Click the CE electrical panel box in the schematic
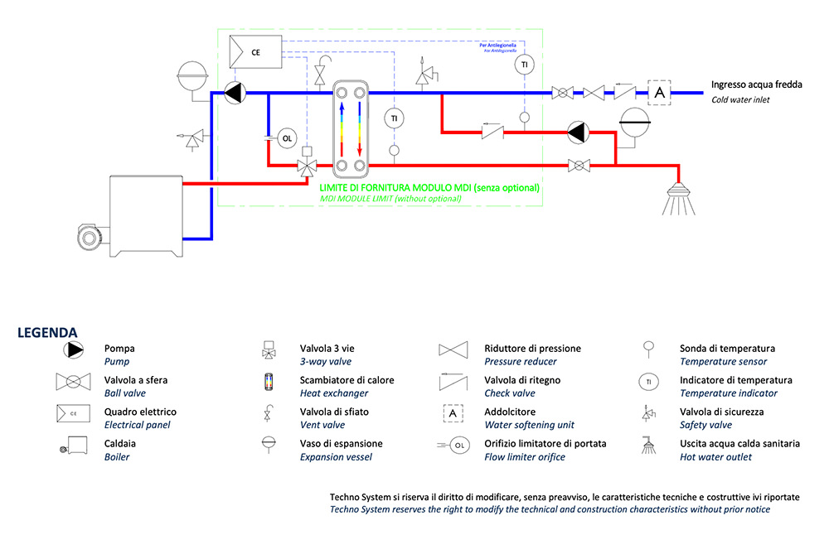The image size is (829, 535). coord(257,52)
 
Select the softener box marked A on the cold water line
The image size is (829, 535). coord(660,92)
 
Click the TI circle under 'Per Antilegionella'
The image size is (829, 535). coord(524,65)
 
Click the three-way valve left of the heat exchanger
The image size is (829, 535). coord(307,166)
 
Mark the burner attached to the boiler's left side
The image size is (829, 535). coord(90,237)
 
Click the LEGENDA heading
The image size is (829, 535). coord(47,333)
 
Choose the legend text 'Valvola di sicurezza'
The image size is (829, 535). coord(721,412)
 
